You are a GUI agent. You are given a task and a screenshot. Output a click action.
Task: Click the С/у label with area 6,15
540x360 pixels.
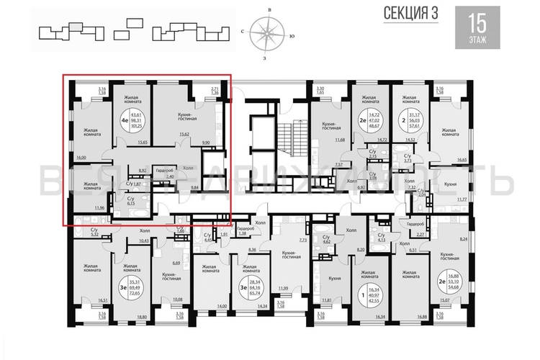[131, 202]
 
